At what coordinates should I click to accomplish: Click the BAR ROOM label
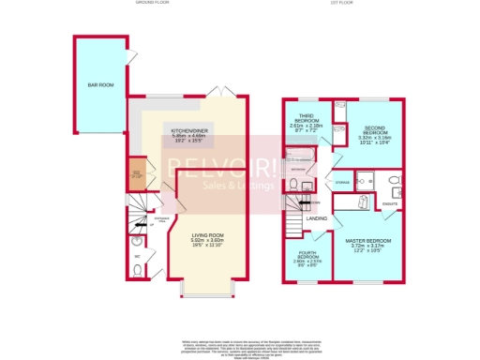coord(100,84)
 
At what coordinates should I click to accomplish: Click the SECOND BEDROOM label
coord(377,132)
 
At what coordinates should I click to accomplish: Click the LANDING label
coord(317,218)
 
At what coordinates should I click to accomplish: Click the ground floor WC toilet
coord(138,270)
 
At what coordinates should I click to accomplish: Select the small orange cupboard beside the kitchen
coord(136,173)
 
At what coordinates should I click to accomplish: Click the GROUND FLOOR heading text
coord(150,4)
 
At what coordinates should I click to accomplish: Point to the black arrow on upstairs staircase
coord(308,202)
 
